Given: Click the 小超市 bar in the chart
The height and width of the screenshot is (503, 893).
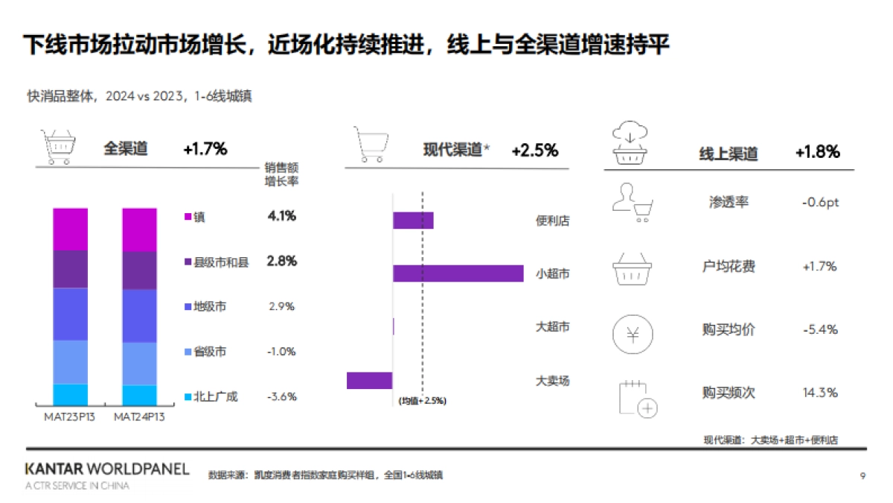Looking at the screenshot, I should pos(458,273).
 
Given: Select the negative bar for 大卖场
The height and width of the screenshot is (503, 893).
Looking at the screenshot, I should pos(369,380).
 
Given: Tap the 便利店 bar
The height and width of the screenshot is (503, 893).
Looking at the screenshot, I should pos(413,220).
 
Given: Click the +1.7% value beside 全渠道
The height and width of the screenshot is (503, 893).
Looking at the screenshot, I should pos(205,149).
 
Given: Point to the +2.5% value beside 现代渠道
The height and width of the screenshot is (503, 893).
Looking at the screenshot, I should pos(534,151).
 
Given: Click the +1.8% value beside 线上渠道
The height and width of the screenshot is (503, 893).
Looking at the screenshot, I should pos(817,152).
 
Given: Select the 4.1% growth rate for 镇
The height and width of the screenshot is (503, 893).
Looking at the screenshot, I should pos(282,216).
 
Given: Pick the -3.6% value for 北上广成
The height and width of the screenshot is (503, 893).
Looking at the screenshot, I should pos(282,396).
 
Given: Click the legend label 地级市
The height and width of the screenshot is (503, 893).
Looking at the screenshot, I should pos(210,306).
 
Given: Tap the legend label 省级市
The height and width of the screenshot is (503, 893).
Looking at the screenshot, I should pos(210,352).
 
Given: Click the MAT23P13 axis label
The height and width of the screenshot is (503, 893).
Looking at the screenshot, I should pos(69,417).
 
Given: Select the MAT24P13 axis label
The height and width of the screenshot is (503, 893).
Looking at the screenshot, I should pos(139,417).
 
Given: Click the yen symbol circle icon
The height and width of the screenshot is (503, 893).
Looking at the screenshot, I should pos(631,334).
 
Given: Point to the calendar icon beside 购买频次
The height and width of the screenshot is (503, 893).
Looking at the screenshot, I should pos(638,399).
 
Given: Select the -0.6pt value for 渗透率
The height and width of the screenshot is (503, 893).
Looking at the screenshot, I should pos(820,203).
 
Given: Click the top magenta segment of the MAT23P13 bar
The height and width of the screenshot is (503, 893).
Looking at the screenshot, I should pos(70,230).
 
